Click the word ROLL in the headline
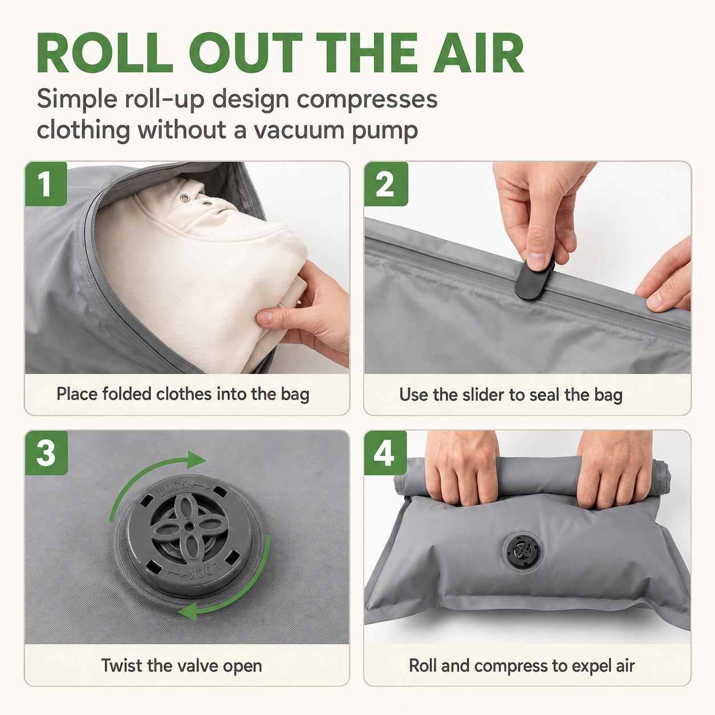[105, 52]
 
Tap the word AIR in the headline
[478, 52]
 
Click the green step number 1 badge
[46, 184]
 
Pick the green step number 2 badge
[386, 184]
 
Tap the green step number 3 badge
[46, 453]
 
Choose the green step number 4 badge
[385, 453]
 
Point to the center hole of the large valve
[190, 526]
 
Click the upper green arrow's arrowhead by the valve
[196, 460]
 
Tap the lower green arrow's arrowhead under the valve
[188, 611]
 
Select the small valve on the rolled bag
[523, 552]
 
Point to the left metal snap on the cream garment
[184, 198]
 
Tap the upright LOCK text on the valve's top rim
[173, 489]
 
